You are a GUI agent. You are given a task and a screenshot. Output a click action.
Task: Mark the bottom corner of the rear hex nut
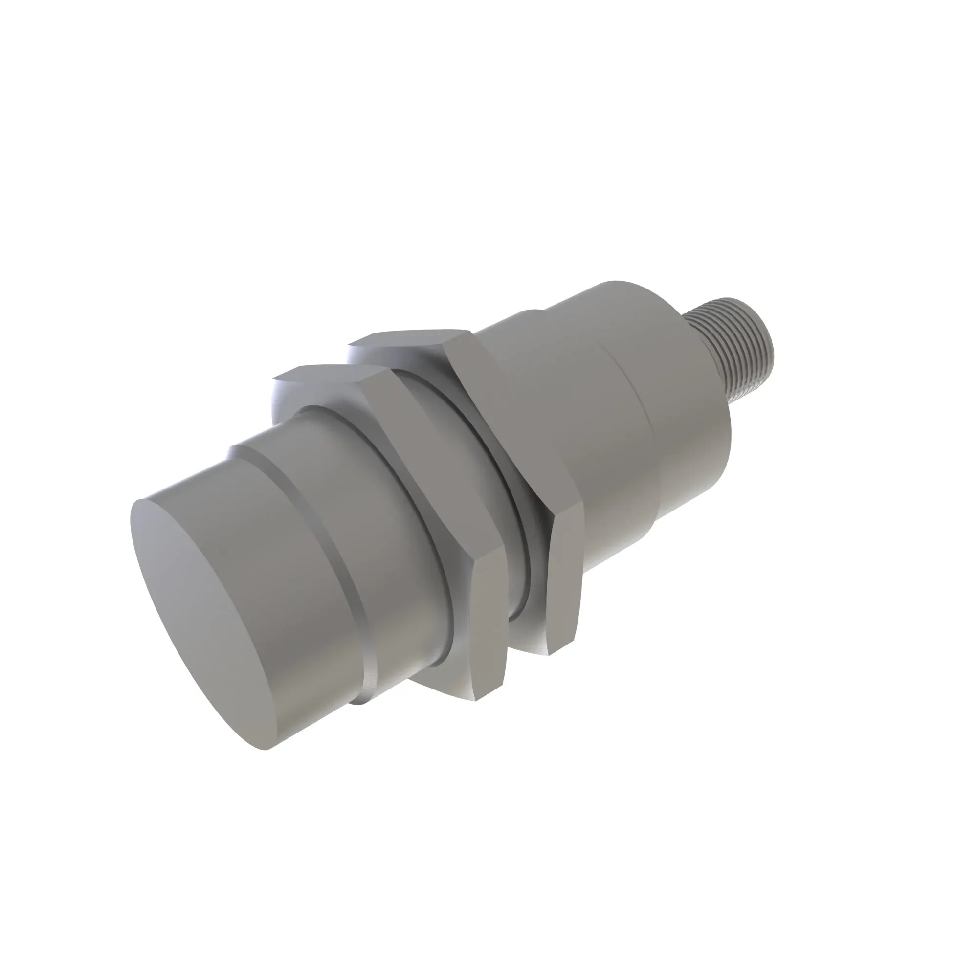[552, 653]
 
